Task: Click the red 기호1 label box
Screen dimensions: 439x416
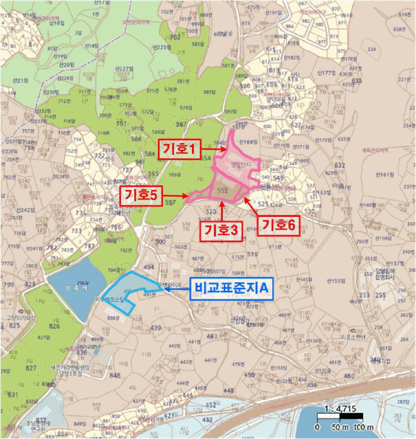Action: (x=181, y=149)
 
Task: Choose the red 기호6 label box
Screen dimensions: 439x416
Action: (x=278, y=223)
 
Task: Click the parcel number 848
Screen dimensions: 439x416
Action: (x=114, y=375)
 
